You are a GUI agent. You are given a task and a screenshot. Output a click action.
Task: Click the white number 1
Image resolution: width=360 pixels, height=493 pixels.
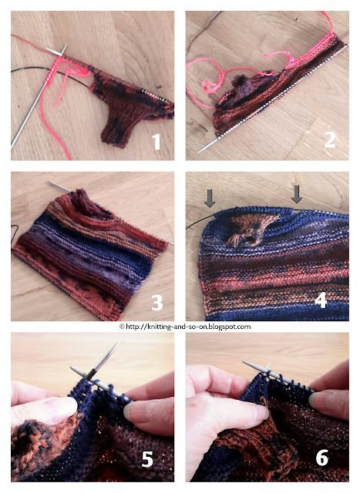(x=156, y=142)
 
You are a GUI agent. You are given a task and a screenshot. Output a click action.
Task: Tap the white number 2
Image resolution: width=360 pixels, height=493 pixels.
(x=330, y=139)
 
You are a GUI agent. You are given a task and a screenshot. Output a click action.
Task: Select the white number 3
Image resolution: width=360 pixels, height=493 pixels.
(x=157, y=303)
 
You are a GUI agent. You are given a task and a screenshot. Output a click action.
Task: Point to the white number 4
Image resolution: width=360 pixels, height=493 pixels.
(x=321, y=300)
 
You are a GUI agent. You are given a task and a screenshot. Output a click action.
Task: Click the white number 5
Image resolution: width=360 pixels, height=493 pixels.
(x=147, y=459)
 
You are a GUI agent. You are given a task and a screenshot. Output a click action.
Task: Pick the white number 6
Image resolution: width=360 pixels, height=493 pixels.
(x=322, y=458)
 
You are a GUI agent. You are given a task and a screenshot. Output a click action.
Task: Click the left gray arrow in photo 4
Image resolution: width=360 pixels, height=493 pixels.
(x=210, y=198)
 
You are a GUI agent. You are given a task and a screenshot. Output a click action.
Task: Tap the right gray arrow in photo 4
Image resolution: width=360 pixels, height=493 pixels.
(x=297, y=194)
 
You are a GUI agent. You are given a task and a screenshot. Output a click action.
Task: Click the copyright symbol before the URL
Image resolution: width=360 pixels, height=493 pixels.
(x=122, y=327)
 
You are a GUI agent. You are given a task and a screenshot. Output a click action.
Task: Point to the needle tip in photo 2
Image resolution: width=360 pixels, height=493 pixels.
(x=199, y=151)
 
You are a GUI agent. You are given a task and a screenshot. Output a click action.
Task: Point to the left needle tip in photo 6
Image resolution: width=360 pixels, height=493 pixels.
(x=245, y=363)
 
